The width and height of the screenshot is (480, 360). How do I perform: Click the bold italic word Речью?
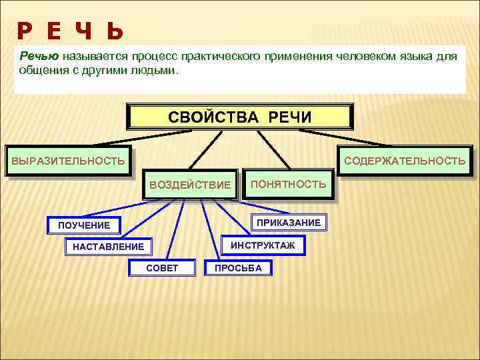(39, 57)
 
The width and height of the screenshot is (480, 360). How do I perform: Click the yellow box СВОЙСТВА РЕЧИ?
(239, 117)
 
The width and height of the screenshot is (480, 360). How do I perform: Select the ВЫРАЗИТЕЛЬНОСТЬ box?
(67, 161)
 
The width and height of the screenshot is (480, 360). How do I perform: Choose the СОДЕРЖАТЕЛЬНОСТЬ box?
(405, 161)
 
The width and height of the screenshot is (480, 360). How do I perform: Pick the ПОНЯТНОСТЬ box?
(288, 183)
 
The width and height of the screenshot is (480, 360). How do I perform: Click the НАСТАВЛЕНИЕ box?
(107, 247)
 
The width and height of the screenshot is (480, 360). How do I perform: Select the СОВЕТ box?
(162, 269)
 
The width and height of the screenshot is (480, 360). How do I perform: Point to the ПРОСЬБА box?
(238, 269)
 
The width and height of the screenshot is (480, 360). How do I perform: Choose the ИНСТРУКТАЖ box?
(262, 245)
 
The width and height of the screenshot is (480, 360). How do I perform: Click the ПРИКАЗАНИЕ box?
(289, 222)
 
